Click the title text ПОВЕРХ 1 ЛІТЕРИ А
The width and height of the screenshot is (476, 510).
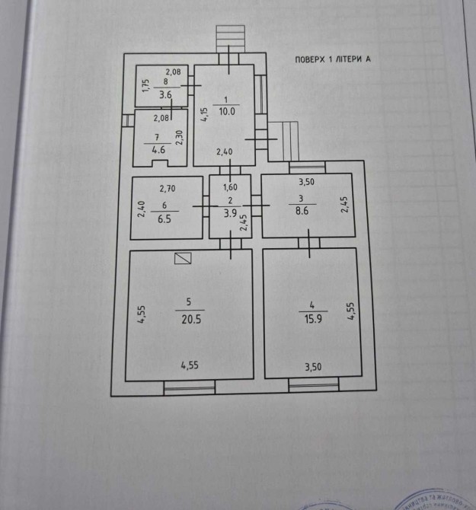(x=332, y=60)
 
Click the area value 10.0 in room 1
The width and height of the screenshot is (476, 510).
(x=227, y=111)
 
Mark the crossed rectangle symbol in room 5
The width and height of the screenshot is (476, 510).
(x=183, y=259)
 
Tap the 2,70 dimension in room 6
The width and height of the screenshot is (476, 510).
(x=168, y=187)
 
